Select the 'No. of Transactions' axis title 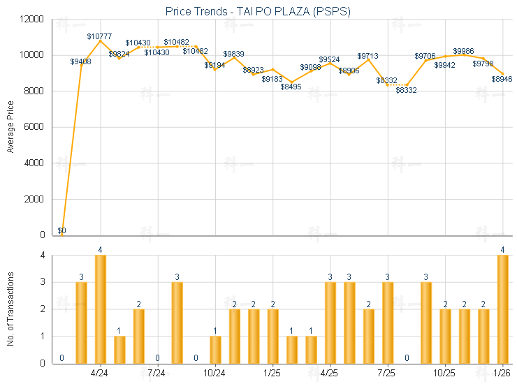pyautogui.click(x=10, y=309)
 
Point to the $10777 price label pyautogui.click(x=100, y=36)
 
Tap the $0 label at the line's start pyautogui.click(x=61, y=230)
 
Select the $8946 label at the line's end pyautogui.click(x=501, y=79)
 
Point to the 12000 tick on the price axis pyautogui.click(x=33, y=19)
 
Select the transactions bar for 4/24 pyautogui.click(x=100, y=309)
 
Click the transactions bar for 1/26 pyautogui.click(x=502, y=309)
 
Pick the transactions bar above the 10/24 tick pyautogui.click(x=215, y=349)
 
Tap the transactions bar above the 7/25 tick pyautogui.click(x=387, y=323)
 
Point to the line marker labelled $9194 pyautogui.click(x=215, y=69)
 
